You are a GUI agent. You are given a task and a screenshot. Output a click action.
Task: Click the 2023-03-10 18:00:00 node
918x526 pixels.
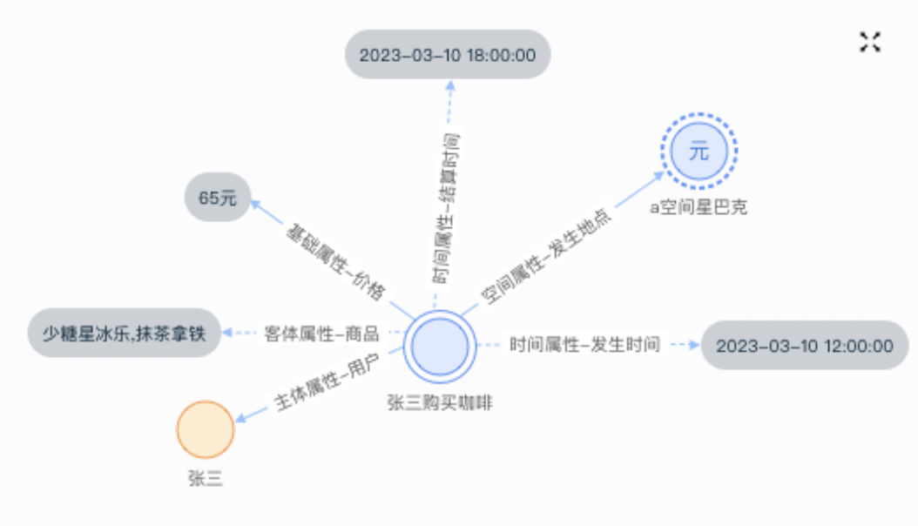[x=448, y=54]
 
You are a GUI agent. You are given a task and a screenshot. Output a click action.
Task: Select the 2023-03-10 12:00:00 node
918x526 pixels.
[x=805, y=345]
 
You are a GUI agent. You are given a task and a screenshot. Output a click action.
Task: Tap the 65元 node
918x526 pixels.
[x=218, y=197]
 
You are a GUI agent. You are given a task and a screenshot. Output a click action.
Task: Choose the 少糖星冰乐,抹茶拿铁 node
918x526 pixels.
[x=125, y=333]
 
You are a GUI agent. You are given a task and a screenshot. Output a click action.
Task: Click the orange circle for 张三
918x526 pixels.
[x=206, y=429]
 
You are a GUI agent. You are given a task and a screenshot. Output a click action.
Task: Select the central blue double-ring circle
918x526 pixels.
[x=440, y=347]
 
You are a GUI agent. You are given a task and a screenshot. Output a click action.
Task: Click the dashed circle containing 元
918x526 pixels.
[x=699, y=151]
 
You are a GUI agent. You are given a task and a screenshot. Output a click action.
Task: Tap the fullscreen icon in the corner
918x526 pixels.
[x=870, y=42]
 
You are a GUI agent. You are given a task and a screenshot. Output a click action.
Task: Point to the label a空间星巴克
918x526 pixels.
[x=699, y=207]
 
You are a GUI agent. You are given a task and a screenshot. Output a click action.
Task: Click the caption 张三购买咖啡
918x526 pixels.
[x=440, y=402]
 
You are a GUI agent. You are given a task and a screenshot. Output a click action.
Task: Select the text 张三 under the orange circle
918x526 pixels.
[x=206, y=478]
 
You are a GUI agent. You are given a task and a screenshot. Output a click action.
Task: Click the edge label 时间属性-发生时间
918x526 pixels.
[x=584, y=345]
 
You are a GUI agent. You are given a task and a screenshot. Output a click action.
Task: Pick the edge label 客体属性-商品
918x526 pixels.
[x=321, y=334]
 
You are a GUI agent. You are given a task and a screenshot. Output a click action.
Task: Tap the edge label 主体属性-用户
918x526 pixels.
[x=327, y=383]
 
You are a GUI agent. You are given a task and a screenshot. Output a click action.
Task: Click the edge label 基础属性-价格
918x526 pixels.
[x=336, y=261]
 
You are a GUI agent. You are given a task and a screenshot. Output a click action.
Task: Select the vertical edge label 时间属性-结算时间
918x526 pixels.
[x=446, y=208]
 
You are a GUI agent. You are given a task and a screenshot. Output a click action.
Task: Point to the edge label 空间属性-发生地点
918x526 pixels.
[x=545, y=256]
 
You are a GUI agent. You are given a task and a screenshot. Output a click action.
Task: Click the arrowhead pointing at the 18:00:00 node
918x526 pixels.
[x=450, y=85]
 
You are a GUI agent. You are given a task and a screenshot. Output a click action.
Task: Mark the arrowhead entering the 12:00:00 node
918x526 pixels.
[x=694, y=345]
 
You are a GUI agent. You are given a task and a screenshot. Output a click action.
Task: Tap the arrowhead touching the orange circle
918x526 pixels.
[x=241, y=417]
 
